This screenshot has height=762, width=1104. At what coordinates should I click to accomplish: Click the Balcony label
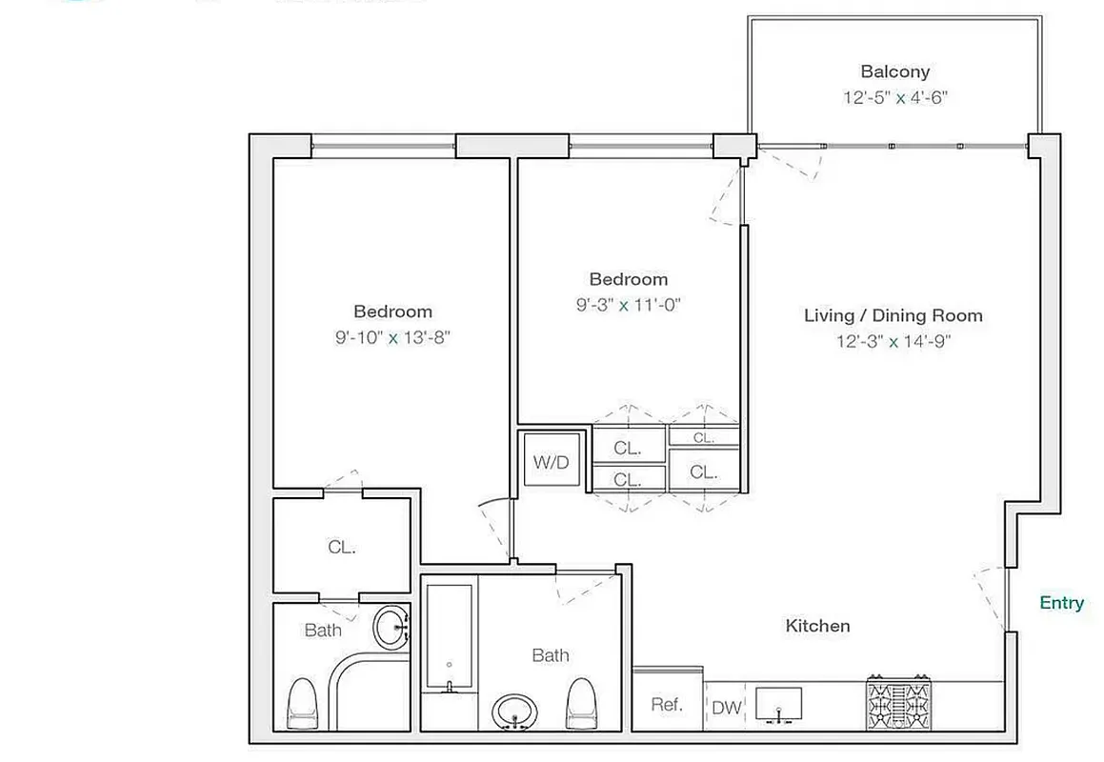(894, 71)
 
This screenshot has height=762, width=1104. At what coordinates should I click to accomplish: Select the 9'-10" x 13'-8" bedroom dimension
(392, 337)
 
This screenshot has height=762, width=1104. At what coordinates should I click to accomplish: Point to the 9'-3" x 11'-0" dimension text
(628, 305)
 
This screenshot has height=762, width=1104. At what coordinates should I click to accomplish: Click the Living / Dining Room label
(893, 315)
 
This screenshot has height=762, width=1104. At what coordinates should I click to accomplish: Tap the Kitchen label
(817, 626)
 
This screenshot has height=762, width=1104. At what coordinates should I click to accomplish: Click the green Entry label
(1061, 603)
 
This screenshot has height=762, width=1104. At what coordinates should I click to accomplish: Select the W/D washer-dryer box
(551, 463)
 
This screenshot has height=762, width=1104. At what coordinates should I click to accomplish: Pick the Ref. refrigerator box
(667, 705)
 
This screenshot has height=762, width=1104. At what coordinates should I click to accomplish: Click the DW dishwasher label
(726, 709)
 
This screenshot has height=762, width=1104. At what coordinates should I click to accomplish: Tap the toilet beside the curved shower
(302, 703)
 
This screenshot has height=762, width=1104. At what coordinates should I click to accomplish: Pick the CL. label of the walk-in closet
(341, 548)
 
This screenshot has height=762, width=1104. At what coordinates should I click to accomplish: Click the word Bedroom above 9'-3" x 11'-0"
(628, 279)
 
